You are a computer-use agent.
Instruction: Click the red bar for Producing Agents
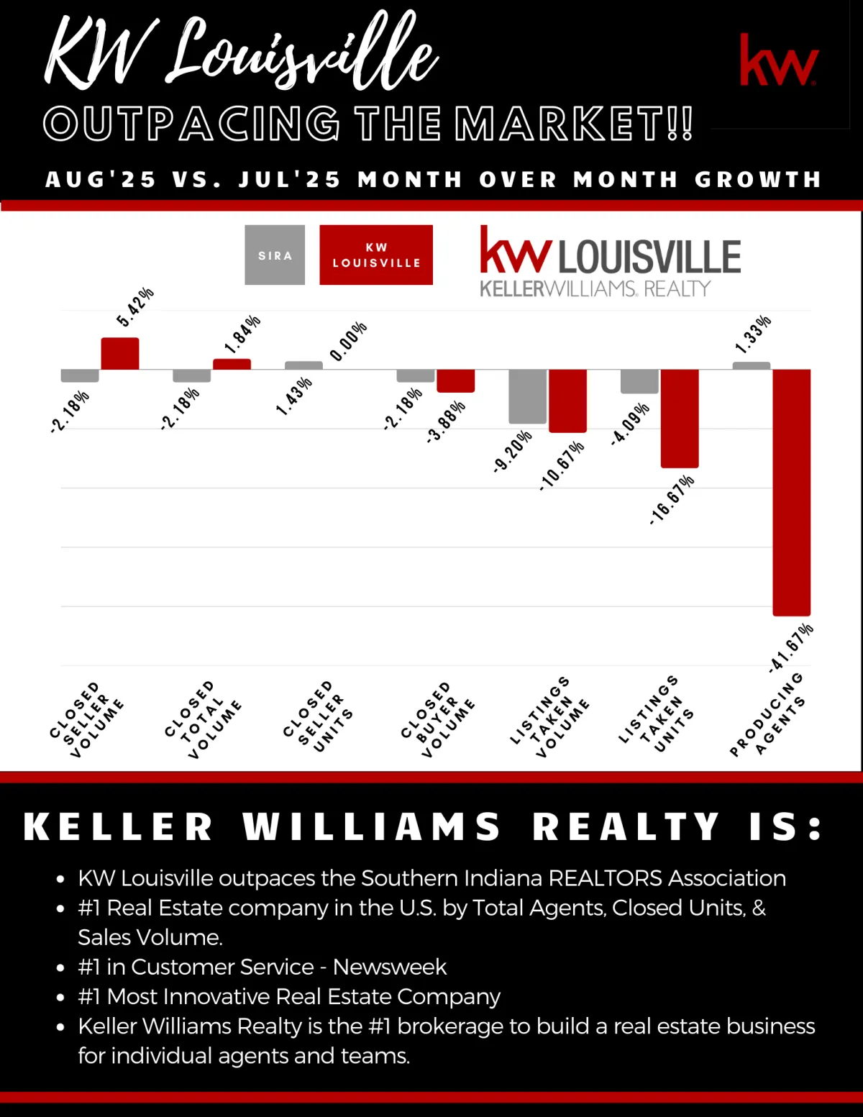(x=791, y=493)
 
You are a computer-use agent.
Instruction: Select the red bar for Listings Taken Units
(x=679, y=419)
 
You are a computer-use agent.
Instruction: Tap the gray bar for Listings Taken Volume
(x=527, y=396)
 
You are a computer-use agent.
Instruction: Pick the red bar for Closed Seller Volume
(x=120, y=354)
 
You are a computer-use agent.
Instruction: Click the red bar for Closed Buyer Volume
(x=455, y=381)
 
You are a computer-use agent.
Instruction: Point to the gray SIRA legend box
(x=275, y=255)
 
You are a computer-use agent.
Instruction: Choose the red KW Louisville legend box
(x=376, y=255)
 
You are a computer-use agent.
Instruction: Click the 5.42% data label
(x=135, y=307)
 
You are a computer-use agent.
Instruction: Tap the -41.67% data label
(x=791, y=647)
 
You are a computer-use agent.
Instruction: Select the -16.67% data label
(x=672, y=499)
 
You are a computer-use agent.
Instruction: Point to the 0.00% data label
(x=349, y=341)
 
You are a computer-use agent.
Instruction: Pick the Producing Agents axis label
(x=767, y=715)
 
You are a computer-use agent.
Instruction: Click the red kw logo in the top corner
(x=779, y=60)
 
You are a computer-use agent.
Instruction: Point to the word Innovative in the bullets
(x=216, y=996)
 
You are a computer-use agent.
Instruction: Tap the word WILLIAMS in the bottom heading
(x=371, y=826)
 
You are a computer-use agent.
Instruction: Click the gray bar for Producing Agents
(x=751, y=365)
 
